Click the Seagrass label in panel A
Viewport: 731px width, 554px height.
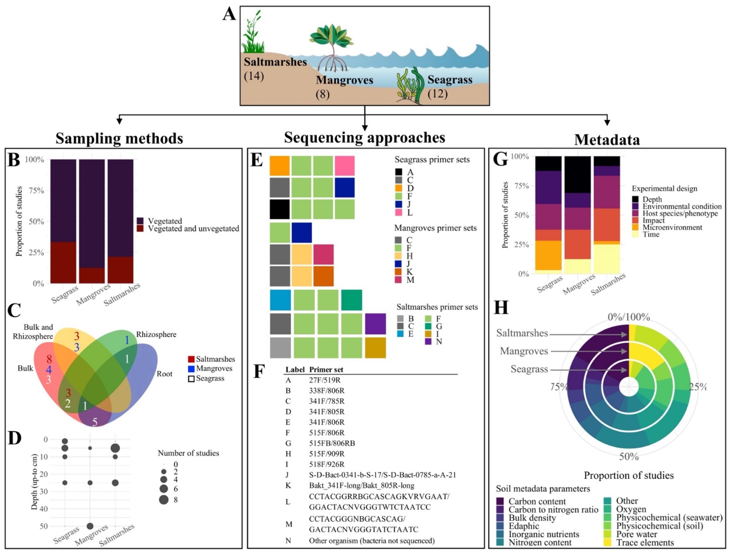coord(450,80)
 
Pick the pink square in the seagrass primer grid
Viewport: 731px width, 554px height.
coord(345,166)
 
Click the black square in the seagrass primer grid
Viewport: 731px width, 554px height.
coord(280,209)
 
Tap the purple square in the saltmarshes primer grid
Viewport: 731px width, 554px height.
coord(375,324)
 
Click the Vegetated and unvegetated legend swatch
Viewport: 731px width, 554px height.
coord(140,229)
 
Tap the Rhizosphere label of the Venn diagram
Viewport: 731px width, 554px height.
coord(156,334)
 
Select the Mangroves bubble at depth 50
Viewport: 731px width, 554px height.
coord(90,526)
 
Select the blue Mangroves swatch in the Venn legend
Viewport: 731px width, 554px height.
coord(191,368)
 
